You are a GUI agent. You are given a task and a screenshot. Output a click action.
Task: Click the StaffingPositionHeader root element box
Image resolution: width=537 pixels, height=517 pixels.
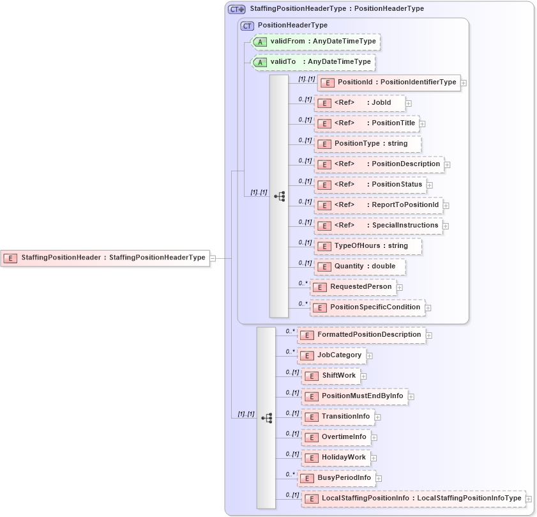pyautogui.click(x=105, y=258)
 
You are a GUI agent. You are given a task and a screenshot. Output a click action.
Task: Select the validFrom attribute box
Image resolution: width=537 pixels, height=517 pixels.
pyautogui.click(x=316, y=42)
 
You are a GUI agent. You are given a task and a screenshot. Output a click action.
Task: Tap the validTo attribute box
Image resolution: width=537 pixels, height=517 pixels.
pyautogui.click(x=313, y=62)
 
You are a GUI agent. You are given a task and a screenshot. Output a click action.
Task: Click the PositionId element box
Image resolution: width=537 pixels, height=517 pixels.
pyautogui.click(x=389, y=82)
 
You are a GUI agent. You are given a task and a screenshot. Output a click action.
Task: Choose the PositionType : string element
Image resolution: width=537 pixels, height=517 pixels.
pyautogui.click(x=368, y=144)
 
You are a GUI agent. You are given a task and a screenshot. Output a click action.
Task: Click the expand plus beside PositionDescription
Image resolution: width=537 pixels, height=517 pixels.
pyautogui.click(x=447, y=164)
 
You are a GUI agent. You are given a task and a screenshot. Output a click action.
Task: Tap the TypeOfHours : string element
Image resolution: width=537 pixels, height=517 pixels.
pyautogui.click(x=368, y=246)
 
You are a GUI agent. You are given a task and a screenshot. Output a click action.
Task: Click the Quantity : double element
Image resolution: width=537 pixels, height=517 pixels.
pyautogui.click(x=359, y=266)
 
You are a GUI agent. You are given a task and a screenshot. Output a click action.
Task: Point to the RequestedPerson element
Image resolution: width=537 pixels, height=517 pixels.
pyautogui.click(x=353, y=287)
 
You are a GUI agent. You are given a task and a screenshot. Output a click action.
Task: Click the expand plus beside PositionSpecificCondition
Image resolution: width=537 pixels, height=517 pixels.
pyautogui.click(x=428, y=307)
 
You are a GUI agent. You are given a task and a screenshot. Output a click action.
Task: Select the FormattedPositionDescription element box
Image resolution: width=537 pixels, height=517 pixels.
pyautogui.click(x=361, y=335)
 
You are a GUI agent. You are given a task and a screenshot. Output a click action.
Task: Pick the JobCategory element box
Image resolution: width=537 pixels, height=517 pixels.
pyautogui.click(x=331, y=355)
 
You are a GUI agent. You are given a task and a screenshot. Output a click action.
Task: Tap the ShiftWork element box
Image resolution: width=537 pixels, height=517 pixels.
pyautogui.click(x=331, y=376)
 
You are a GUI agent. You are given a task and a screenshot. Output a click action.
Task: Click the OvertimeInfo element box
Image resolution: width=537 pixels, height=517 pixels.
pyautogui.click(x=337, y=437)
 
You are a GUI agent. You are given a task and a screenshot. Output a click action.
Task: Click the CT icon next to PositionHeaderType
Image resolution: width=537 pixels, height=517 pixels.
pyautogui.click(x=247, y=26)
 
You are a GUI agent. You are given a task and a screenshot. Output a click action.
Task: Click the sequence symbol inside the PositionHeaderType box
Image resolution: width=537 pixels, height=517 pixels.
pyautogui.click(x=280, y=196)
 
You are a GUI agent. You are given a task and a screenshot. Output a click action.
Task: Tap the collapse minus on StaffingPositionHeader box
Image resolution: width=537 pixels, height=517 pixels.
pyautogui.click(x=213, y=258)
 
